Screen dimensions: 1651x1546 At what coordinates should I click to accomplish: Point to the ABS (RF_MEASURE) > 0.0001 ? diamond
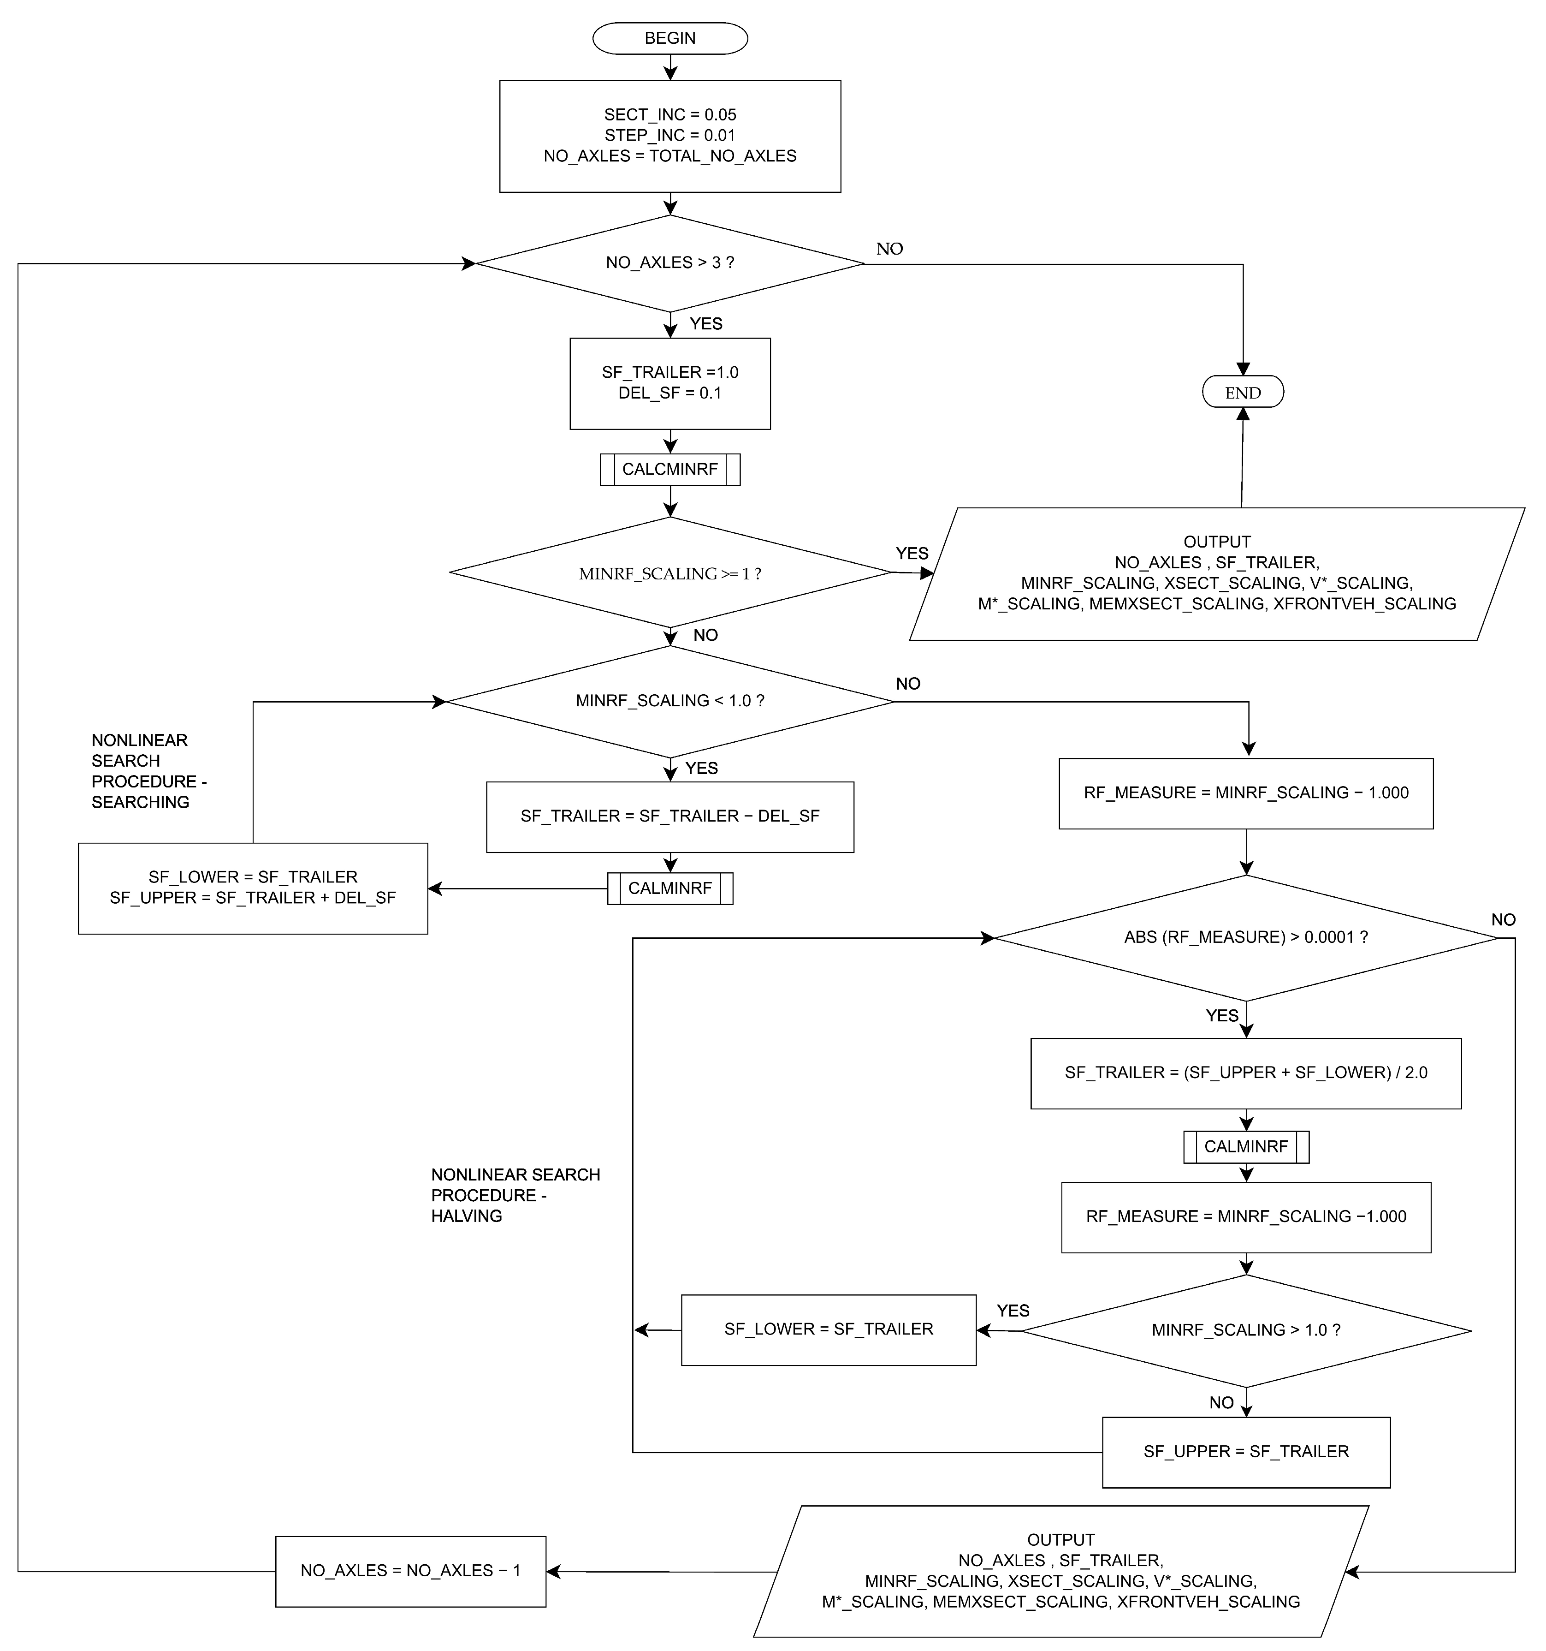[1245, 938]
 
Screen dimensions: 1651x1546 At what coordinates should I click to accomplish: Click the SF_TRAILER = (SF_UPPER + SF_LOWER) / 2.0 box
[1245, 1073]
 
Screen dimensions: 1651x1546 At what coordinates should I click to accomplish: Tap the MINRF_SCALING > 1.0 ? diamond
[1245, 1330]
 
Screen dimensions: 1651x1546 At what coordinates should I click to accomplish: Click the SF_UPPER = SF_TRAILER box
[1245, 1452]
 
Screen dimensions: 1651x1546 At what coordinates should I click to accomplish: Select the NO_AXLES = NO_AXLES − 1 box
[410, 1571]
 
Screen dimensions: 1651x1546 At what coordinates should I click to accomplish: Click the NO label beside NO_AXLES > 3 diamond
[889, 249]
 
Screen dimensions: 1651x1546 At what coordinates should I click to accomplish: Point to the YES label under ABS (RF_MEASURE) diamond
[1221, 1016]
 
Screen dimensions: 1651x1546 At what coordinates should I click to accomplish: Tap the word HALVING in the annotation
[467, 1216]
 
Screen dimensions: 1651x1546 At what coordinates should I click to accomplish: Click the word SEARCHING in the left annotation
[140, 802]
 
